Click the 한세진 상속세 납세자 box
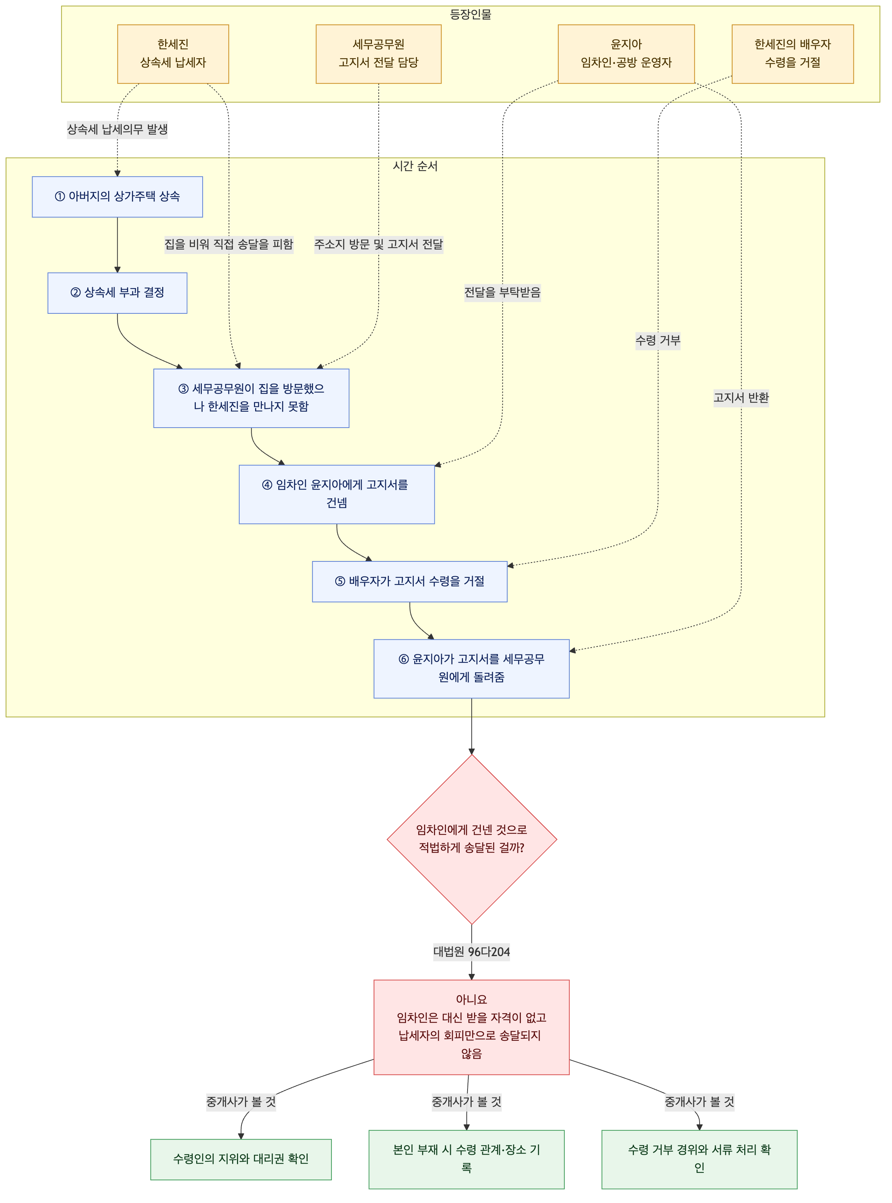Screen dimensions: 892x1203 (x=173, y=54)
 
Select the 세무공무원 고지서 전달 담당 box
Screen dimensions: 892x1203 (x=378, y=54)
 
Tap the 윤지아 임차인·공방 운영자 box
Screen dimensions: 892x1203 (x=626, y=54)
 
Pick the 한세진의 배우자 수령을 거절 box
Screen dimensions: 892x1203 (x=793, y=54)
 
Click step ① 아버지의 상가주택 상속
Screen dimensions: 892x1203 (x=117, y=197)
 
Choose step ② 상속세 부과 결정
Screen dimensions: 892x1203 (x=117, y=293)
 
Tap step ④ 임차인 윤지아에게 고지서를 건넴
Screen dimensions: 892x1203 (x=336, y=494)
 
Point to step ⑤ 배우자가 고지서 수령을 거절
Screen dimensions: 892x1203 (x=409, y=581)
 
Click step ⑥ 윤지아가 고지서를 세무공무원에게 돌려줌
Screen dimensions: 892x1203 (x=471, y=668)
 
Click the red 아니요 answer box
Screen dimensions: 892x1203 (x=471, y=1026)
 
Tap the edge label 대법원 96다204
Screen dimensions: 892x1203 (x=471, y=951)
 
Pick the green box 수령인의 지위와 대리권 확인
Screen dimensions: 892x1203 (x=241, y=1159)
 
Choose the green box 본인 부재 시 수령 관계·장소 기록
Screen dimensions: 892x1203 (x=466, y=1159)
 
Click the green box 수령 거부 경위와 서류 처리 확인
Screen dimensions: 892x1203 (x=699, y=1159)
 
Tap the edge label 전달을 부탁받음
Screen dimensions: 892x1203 (x=502, y=293)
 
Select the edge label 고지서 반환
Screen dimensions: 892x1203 (x=741, y=398)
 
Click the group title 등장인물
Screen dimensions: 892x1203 (x=470, y=15)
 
